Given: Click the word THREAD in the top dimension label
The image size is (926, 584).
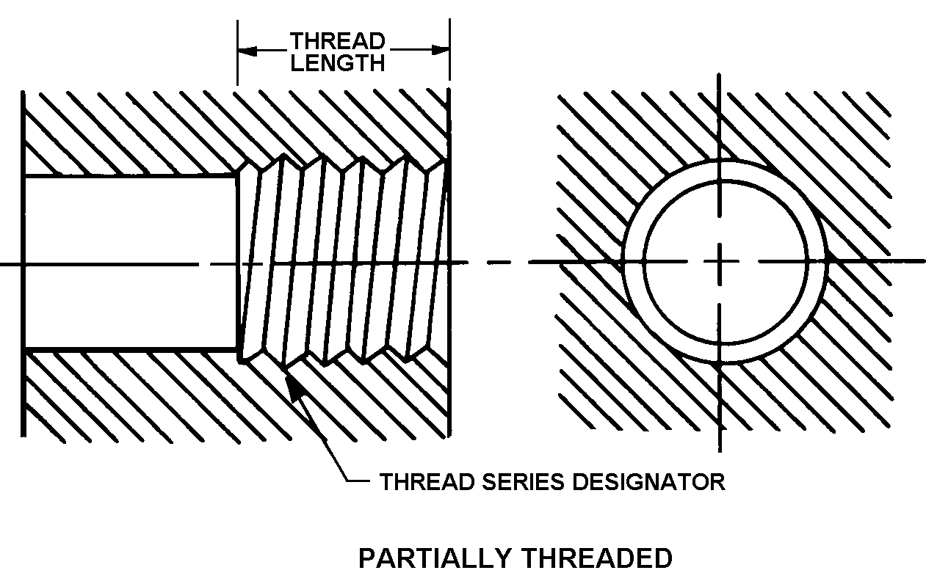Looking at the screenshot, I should (337, 40).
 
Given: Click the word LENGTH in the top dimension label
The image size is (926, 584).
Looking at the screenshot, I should (337, 62).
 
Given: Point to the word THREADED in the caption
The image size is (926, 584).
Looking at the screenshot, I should (597, 559).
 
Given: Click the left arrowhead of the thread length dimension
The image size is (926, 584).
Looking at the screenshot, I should (247, 51).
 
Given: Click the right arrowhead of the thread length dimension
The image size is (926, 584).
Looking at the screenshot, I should (440, 51).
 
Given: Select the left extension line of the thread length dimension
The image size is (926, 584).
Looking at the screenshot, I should (237, 51).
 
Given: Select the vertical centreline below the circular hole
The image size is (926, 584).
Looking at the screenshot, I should (721, 411).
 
